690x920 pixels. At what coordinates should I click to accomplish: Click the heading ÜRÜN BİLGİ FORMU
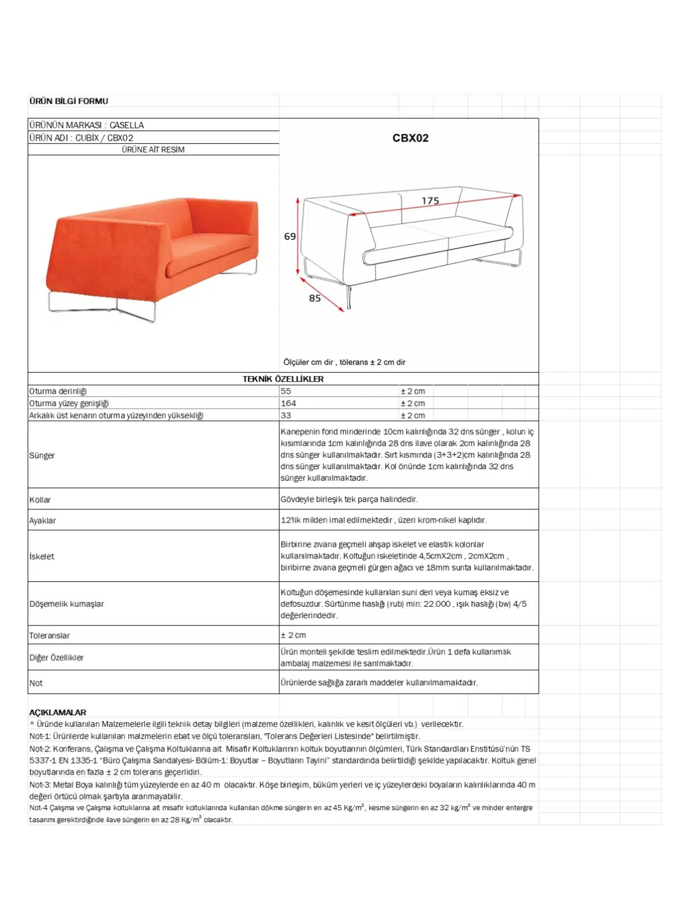[x=68, y=101]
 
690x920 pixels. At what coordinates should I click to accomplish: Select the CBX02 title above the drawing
[x=410, y=138]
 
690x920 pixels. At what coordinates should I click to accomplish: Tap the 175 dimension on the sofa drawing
[x=430, y=201]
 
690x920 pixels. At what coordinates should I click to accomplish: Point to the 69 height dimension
[x=290, y=236]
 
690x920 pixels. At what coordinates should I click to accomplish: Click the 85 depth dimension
[x=315, y=298]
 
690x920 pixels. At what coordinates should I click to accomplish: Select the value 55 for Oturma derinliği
[x=286, y=391]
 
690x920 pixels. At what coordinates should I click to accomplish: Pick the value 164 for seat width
[x=288, y=403]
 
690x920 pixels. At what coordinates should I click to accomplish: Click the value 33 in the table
[x=286, y=415]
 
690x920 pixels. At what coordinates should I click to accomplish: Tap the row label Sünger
[x=42, y=455]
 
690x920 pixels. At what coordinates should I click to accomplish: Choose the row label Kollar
[x=40, y=500]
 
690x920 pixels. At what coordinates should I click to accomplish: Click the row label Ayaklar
[x=43, y=520]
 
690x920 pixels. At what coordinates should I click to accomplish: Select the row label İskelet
[x=41, y=557]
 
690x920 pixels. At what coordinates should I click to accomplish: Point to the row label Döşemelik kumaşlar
[x=67, y=604]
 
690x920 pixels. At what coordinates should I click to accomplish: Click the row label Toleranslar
[x=49, y=635]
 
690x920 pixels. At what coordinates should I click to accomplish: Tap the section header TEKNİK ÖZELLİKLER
[x=283, y=379]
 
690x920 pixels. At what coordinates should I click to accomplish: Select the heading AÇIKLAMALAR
[x=57, y=712]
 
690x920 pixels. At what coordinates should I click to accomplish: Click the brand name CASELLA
[x=126, y=125]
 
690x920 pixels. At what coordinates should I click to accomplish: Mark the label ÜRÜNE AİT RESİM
[x=153, y=149]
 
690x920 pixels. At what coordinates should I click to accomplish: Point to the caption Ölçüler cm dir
[x=308, y=362]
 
